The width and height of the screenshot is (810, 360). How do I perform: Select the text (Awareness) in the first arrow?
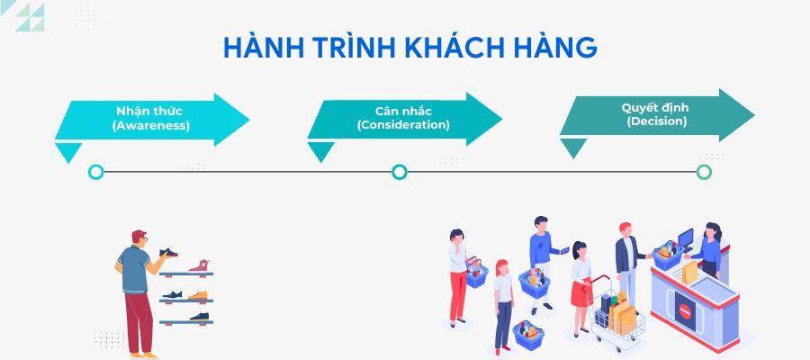[x=151, y=126]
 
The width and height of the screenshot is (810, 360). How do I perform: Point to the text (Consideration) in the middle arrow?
[x=403, y=125]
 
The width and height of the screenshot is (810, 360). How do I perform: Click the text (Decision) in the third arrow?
[x=656, y=121]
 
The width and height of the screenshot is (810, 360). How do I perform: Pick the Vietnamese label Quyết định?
[x=656, y=107]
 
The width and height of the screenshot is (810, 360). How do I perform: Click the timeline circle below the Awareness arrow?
[x=96, y=172]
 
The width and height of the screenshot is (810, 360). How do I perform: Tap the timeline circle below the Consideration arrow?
[x=400, y=172]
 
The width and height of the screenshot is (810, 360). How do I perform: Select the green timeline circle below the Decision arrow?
[x=704, y=172]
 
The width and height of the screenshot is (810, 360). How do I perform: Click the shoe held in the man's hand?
[x=168, y=254]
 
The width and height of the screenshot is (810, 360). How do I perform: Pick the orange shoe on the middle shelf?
[x=198, y=294]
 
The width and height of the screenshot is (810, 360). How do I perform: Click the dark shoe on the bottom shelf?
[x=198, y=317]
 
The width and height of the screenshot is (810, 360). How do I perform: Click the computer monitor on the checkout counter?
[x=686, y=239]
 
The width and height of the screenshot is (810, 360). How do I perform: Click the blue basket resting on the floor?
[x=528, y=335]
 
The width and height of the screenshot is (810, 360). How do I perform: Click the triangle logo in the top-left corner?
[x=29, y=16]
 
